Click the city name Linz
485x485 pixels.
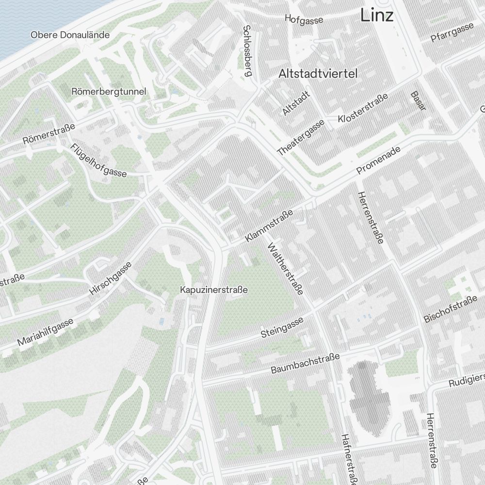(x=376, y=16)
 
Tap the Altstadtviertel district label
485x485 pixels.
(x=318, y=74)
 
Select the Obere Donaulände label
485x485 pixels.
(x=70, y=35)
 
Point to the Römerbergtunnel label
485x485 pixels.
(x=108, y=91)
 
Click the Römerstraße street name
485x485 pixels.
(x=49, y=134)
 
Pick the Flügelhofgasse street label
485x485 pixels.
(x=98, y=160)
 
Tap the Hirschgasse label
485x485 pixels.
(x=111, y=279)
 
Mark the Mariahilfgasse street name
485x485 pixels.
(x=45, y=332)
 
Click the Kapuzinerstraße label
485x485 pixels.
(x=213, y=290)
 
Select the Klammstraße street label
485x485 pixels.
(x=269, y=226)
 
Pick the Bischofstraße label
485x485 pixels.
(x=451, y=311)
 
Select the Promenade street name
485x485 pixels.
(x=378, y=161)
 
